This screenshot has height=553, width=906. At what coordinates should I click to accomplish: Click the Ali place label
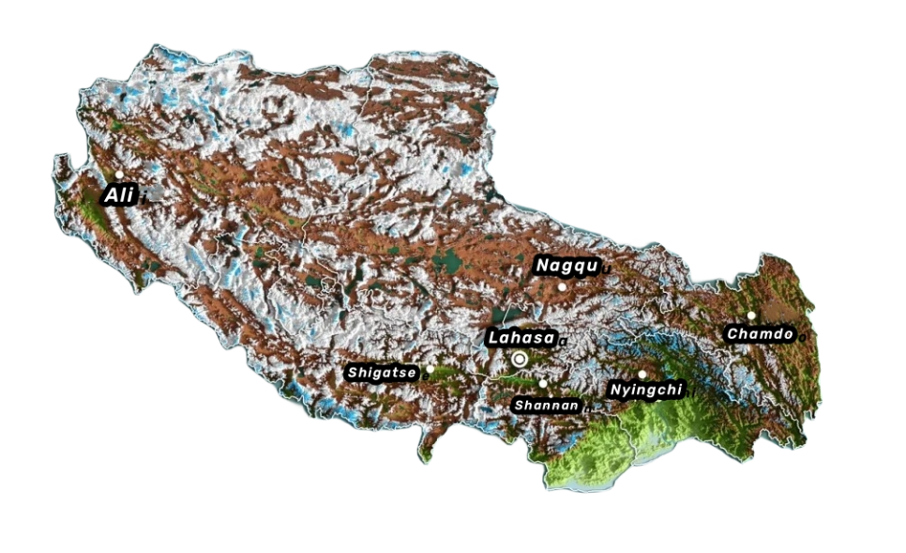pyautogui.click(x=118, y=195)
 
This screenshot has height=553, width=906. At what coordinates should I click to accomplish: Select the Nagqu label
pyautogui.click(x=566, y=266)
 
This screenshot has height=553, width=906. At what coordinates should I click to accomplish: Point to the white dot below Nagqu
pyautogui.click(x=562, y=286)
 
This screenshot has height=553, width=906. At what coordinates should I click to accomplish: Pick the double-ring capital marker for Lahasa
pyautogui.click(x=520, y=358)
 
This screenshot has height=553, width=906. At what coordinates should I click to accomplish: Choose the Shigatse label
pyautogui.click(x=382, y=373)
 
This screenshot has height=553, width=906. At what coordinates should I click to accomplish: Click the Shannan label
pyautogui.click(x=547, y=404)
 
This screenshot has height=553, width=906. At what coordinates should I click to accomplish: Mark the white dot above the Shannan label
pyautogui.click(x=543, y=383)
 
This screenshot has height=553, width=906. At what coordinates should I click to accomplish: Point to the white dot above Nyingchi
pyautogui.click(x=642, y=374)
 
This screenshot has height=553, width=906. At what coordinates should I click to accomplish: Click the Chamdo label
pyautogui.click(x=761, y=333)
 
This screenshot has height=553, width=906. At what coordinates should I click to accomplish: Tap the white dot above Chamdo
pyautogui.click(x=751, y=315)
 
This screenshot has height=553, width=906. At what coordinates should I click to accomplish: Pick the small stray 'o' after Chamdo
pyautogui.click(x=802, y=337)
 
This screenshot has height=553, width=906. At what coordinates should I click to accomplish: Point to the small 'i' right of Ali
pyautogui.click(x=143, y=198)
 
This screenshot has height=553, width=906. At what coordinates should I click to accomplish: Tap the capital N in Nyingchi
pyautogui.click(x=615, y=389)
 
